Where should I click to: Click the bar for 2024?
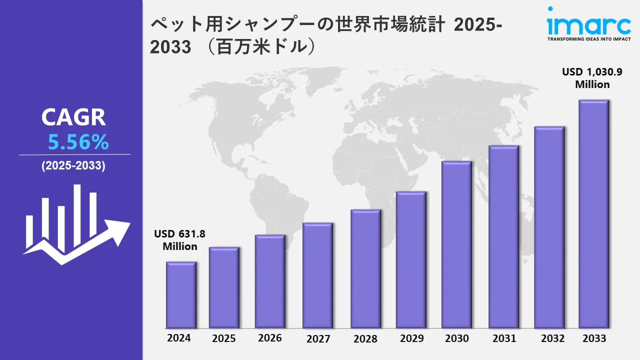pyautogui.click(x=181, y=295)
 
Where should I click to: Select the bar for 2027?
pyautogui.click(x=317, y=275)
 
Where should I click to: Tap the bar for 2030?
pyautogui.click(x=456, y=245)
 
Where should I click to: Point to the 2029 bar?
pyautogui.click(x=411, y=260)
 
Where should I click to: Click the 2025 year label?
pyautogui.click(x=224, y=338)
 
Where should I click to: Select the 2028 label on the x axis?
pyautogui.click(x=365, y=338)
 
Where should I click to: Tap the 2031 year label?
pyautogui.click(x=503, y=338)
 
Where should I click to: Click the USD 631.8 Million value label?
pyautogui.click(x=180, y=240)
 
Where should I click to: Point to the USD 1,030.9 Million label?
pyautogui.click(x=592, y=78)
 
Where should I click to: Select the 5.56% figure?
pyautogui.click(x=78, y=143)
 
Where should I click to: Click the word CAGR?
pyautogui.click(x=73, y=117)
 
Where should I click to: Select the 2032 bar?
pyautogui.click(x=549, y=227)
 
